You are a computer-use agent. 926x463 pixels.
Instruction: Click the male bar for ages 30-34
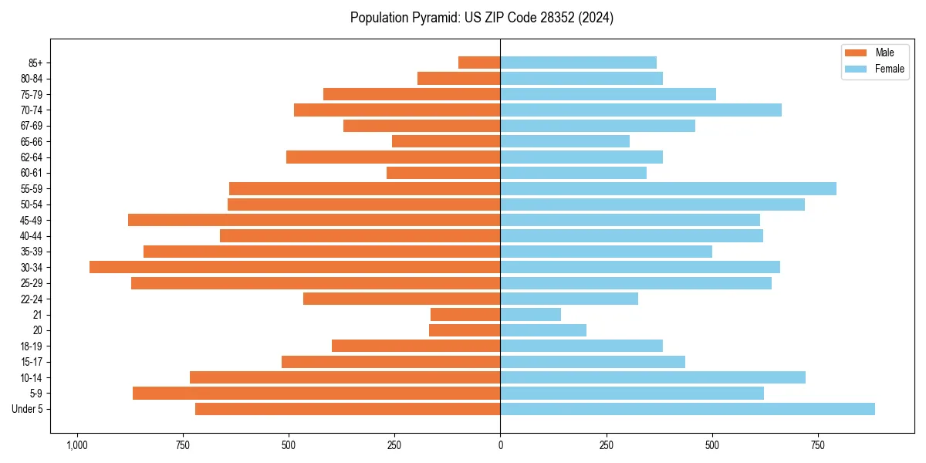tap(295, 267)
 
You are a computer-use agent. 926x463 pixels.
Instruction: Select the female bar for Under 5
tap(688, 409)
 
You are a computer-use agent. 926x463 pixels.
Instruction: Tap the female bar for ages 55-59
tap(668, 188)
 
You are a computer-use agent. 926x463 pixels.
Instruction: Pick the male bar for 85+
tap(479, 63)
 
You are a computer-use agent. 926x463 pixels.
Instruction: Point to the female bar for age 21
tap(531, 314)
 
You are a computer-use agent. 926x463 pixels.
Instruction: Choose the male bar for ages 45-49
tap(314, 220)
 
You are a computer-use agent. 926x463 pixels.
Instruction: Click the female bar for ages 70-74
tap(640, 110)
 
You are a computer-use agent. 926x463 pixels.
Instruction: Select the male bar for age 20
tap(465, 330)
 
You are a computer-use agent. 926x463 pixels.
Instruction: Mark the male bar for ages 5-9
tap(316, 393)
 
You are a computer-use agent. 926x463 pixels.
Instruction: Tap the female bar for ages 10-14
tap(653, 377)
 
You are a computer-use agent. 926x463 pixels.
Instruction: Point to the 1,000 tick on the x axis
tap(76, 445)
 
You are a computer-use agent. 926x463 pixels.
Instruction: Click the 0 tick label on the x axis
tap(500, 445)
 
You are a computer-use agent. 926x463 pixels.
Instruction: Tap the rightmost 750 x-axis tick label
tap(818, 445)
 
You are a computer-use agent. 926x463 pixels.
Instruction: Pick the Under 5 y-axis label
tap(28, 409)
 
